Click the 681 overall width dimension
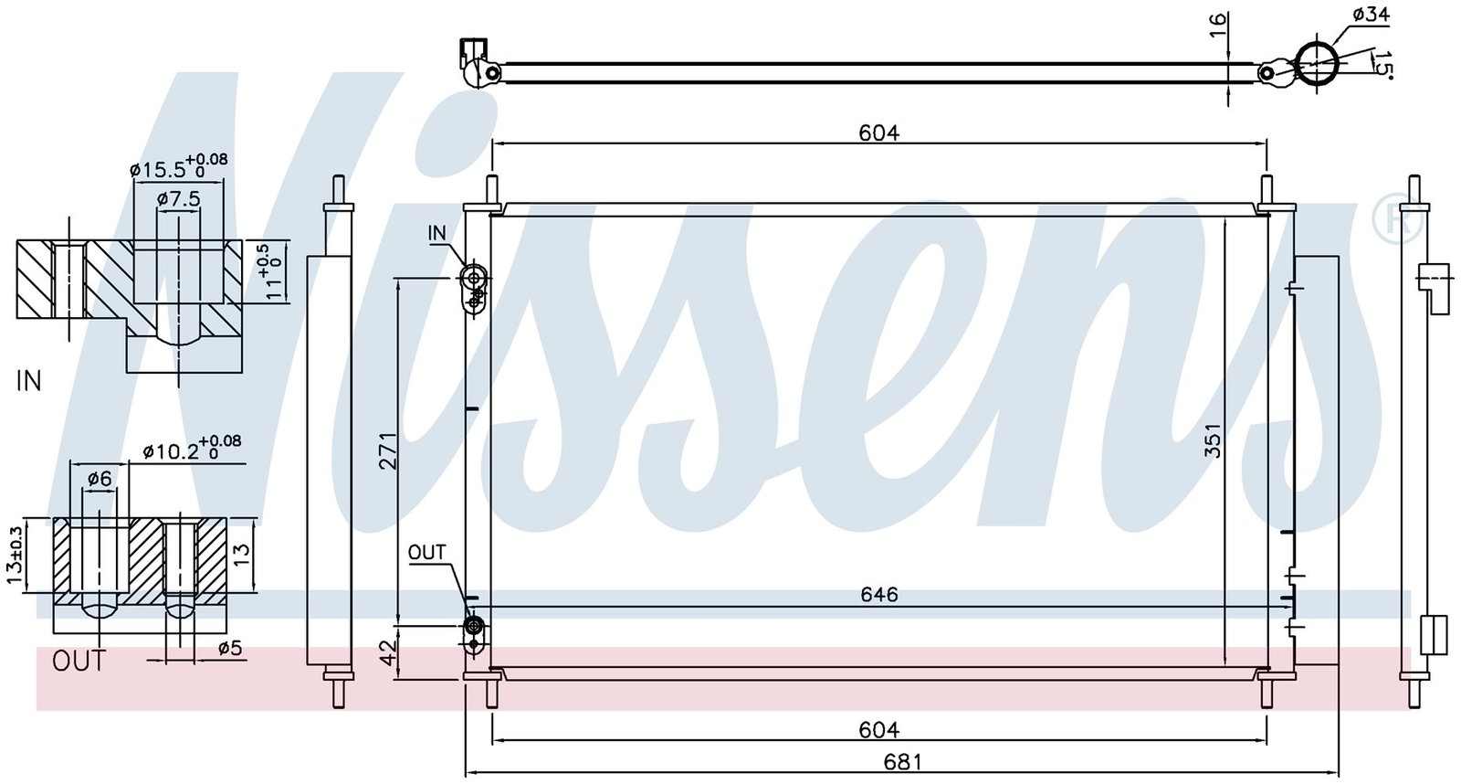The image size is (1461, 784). [903, 762]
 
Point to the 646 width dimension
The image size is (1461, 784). [878, 594]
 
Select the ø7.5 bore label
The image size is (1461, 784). [179, 198]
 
